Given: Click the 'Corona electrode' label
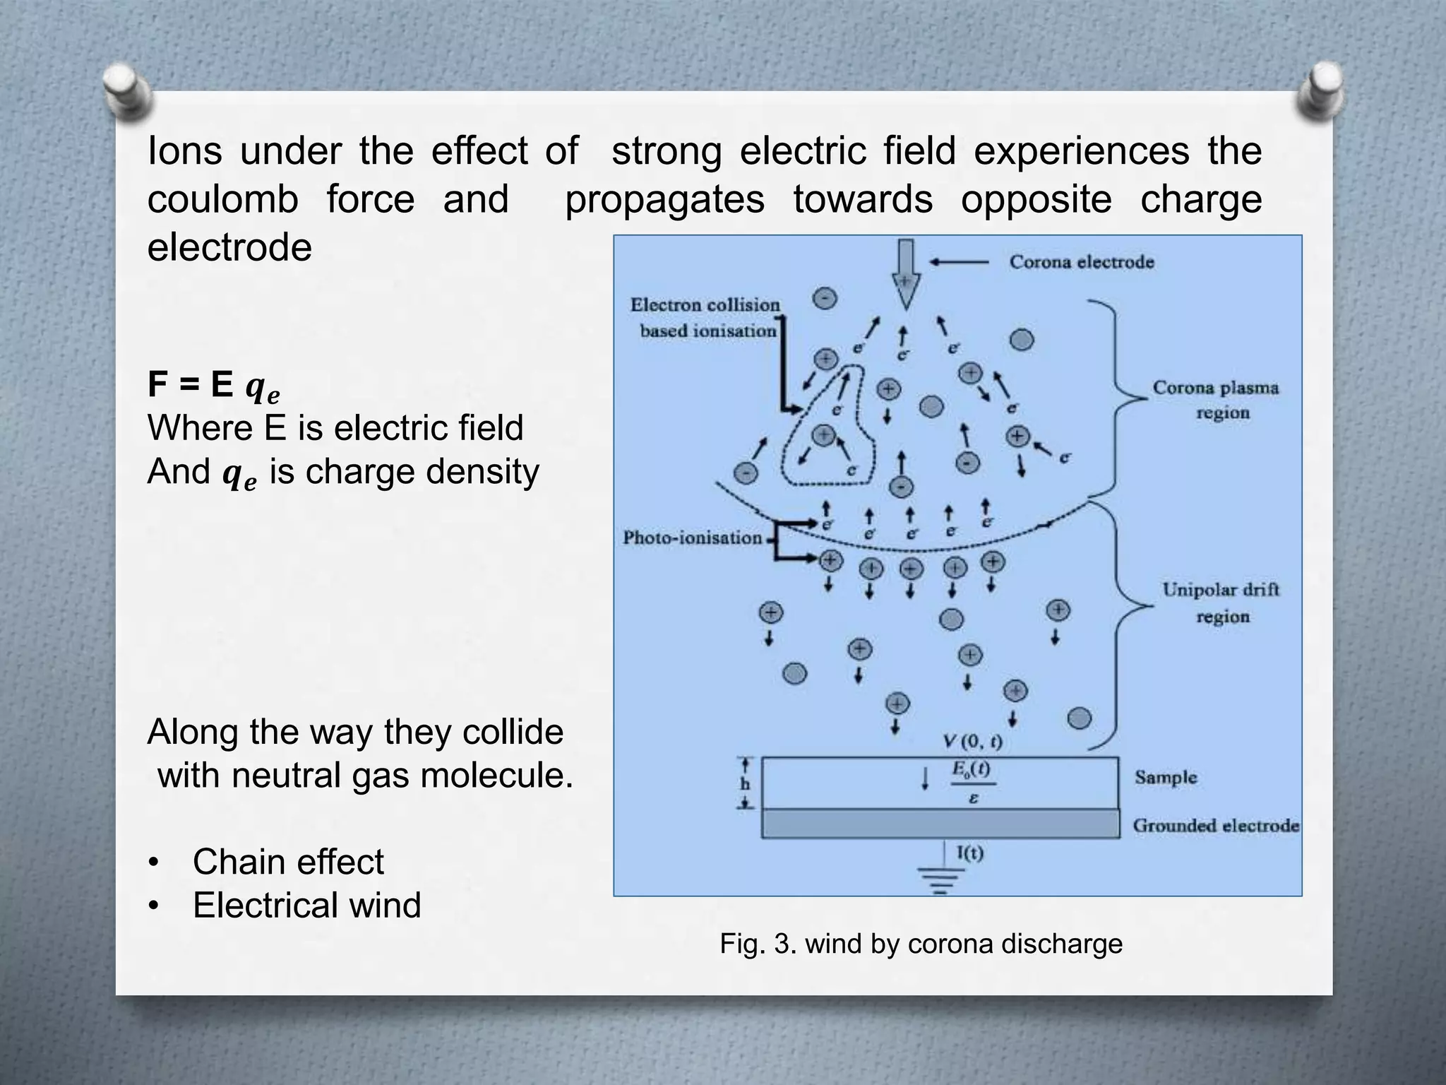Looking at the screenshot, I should (1081, 262).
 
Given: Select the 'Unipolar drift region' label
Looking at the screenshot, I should (1221, 603).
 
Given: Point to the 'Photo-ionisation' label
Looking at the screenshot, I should (692, 538).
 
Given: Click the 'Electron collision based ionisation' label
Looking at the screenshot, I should (706, 318).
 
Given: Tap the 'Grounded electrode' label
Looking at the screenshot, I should (1216, 826).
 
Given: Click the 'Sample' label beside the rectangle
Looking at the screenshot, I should (1166, 778).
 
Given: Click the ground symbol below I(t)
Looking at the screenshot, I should (940, 882).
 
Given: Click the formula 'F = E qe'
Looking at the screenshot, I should (213, 386).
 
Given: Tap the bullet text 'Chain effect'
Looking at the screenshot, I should (288, 862).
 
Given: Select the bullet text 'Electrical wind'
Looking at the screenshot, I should (306, 905).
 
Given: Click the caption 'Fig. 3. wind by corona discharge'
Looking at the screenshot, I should (921, 944).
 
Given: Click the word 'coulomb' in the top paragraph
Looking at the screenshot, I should (222, 199).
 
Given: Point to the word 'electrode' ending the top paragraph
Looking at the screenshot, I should (229, 247).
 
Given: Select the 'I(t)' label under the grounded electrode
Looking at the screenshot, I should (970, 853).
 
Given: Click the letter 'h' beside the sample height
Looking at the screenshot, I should (745, 785).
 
